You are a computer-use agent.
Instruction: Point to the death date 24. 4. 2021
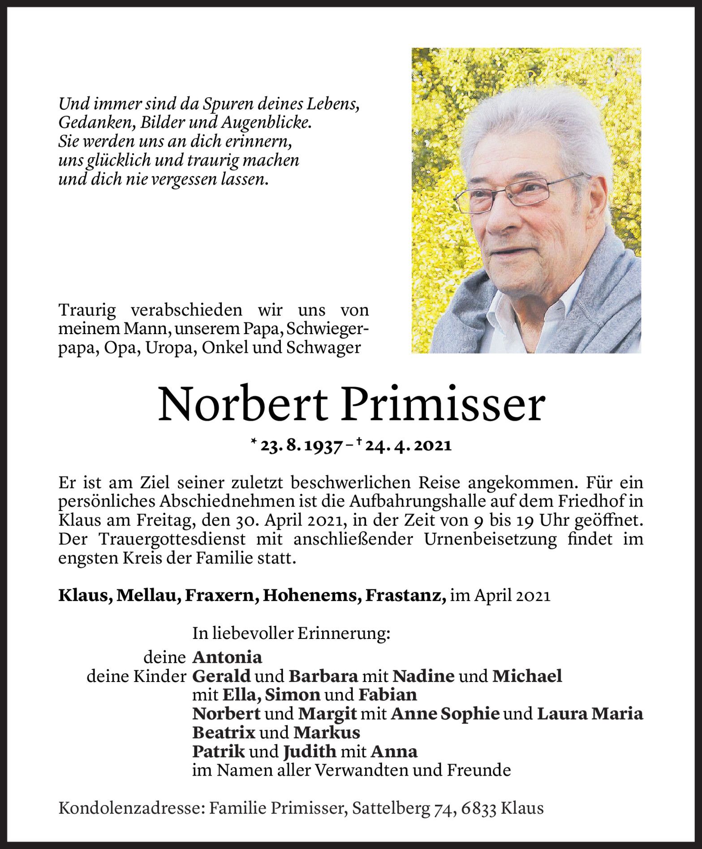coord(408,446)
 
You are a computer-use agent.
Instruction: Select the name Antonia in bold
coord(227,657)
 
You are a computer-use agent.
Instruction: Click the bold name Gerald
coord(221,676)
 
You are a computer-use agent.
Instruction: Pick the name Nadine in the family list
coord(423,676)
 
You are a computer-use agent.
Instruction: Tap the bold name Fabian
coord(388,695)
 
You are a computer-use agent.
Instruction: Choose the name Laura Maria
coord(590,714)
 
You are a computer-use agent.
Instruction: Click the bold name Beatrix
coord(224,733)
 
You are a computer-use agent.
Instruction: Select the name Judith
coord(310,751)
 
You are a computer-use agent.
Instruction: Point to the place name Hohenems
coord(312,596)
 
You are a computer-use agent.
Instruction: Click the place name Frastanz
coord(405,596)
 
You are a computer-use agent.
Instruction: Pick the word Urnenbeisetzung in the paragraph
coord(490,540)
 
